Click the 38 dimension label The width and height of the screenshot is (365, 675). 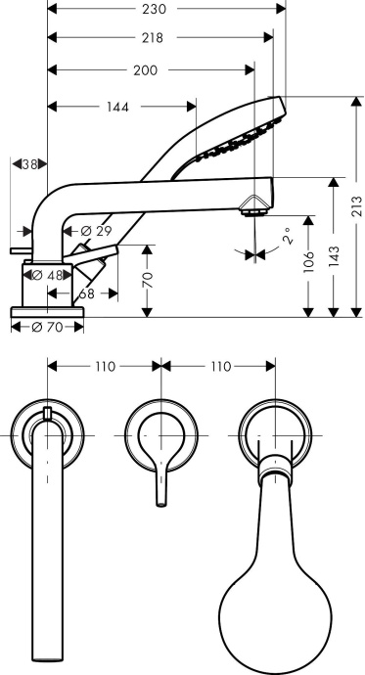tap(30, 164)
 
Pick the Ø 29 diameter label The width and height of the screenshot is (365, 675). tap(95, 230)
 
